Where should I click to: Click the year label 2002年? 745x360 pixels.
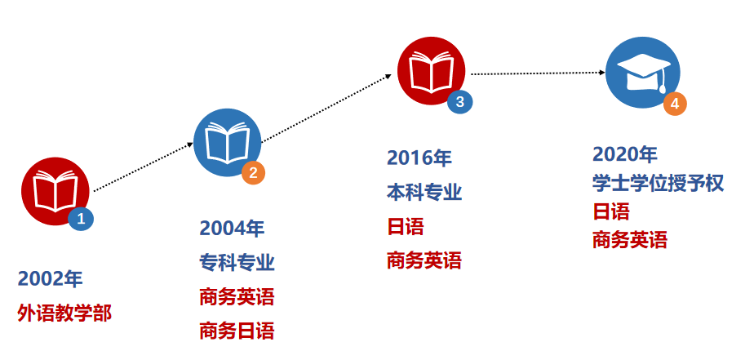(50, 279)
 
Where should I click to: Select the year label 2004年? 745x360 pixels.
(232, 229)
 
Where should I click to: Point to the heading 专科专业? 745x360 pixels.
(237, 263)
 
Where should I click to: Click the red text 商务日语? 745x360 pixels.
(237, 331)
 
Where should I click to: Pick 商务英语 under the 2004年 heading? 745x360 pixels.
(237, 296)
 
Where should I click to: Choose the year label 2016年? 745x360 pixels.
(419, 158)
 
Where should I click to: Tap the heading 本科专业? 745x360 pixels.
(424, 193)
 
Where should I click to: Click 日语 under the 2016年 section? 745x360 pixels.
(406, 227)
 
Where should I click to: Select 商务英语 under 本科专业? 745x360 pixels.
(424, 261)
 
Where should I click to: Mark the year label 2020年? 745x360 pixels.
(624, 153)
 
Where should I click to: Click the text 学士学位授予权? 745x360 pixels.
(658, 183)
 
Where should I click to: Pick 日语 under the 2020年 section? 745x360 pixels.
(611, 211)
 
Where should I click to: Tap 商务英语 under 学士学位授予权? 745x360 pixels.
(630, 240)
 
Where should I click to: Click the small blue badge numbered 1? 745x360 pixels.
(81, 218)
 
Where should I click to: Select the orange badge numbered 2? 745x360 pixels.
(253, 172)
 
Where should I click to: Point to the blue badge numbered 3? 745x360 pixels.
(459, 101)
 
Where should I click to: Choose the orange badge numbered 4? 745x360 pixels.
(675, 104)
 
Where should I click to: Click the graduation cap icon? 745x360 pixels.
(642, 73)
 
